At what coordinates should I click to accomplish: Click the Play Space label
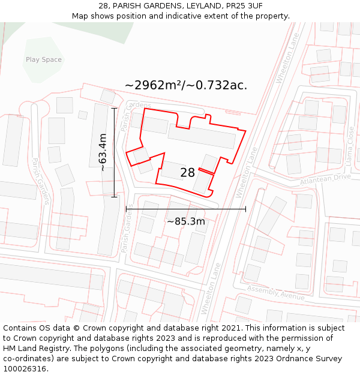(43, 59)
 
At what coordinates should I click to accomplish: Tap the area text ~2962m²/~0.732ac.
(186, 85)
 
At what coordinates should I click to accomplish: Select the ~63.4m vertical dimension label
(103, 152)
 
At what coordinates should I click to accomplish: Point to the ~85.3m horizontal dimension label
(185, 221)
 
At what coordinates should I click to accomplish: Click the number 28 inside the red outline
(187, 173)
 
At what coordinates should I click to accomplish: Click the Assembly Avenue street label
(276, 293)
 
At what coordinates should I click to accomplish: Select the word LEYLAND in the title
(204, 5)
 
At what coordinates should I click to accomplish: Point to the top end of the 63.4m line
(114, 109)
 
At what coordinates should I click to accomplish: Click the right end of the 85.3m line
(245, 209)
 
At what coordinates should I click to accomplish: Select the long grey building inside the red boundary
(202, 136)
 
